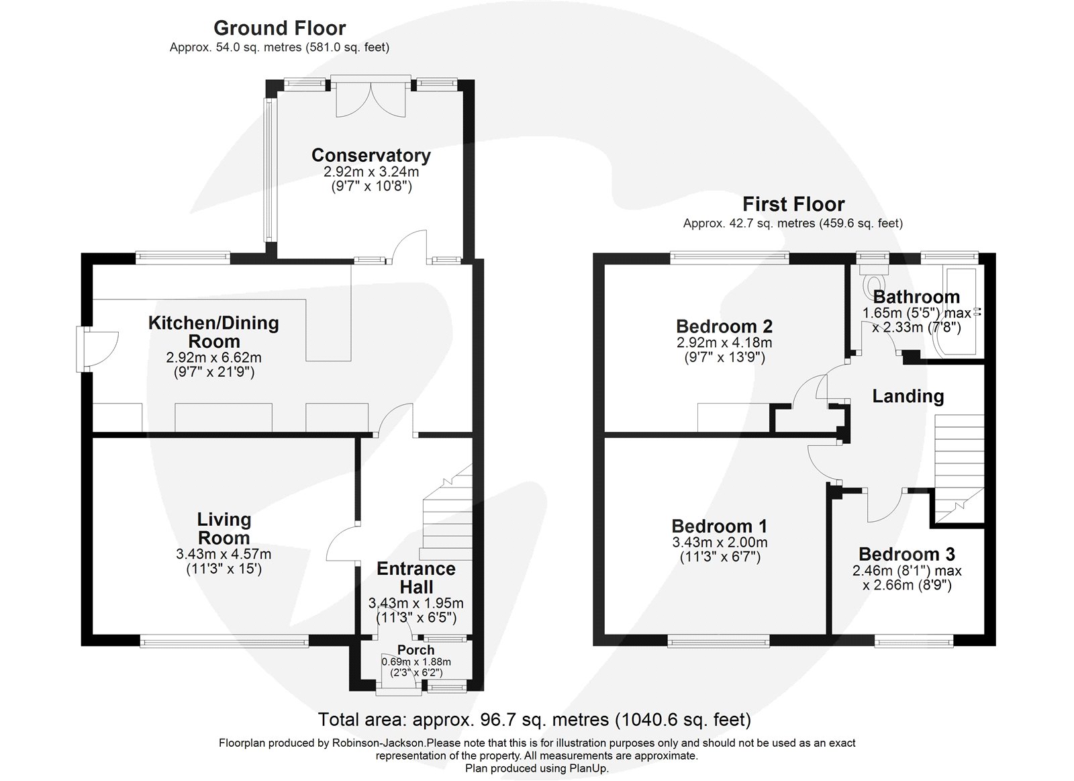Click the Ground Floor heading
tap(279, 28)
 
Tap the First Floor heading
tap(793, 204)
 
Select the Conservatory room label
tap(371, 155)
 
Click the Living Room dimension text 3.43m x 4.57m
tap(224, 555)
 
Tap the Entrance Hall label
tap(416, 578)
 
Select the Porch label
tap(416, 650)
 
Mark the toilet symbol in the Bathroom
tap(873, 280)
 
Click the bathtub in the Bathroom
tap(957, 309)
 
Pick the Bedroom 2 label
tap(724, 326)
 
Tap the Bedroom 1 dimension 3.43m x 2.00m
tap(720, 543)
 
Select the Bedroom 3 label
tap(907, 554)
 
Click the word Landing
tap(908, 396)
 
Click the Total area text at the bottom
tap(534, 720)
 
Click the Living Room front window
tap(225, 641)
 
